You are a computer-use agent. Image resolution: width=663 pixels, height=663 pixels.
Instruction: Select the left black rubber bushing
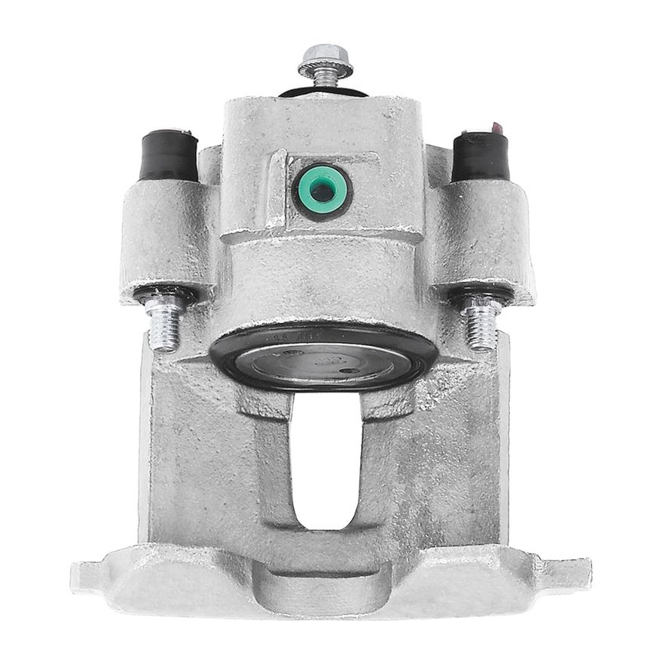(167, 156)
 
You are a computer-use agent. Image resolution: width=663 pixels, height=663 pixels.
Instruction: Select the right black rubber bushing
(480, 157)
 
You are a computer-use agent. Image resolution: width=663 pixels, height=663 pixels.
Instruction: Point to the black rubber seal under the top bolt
(324, 92)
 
